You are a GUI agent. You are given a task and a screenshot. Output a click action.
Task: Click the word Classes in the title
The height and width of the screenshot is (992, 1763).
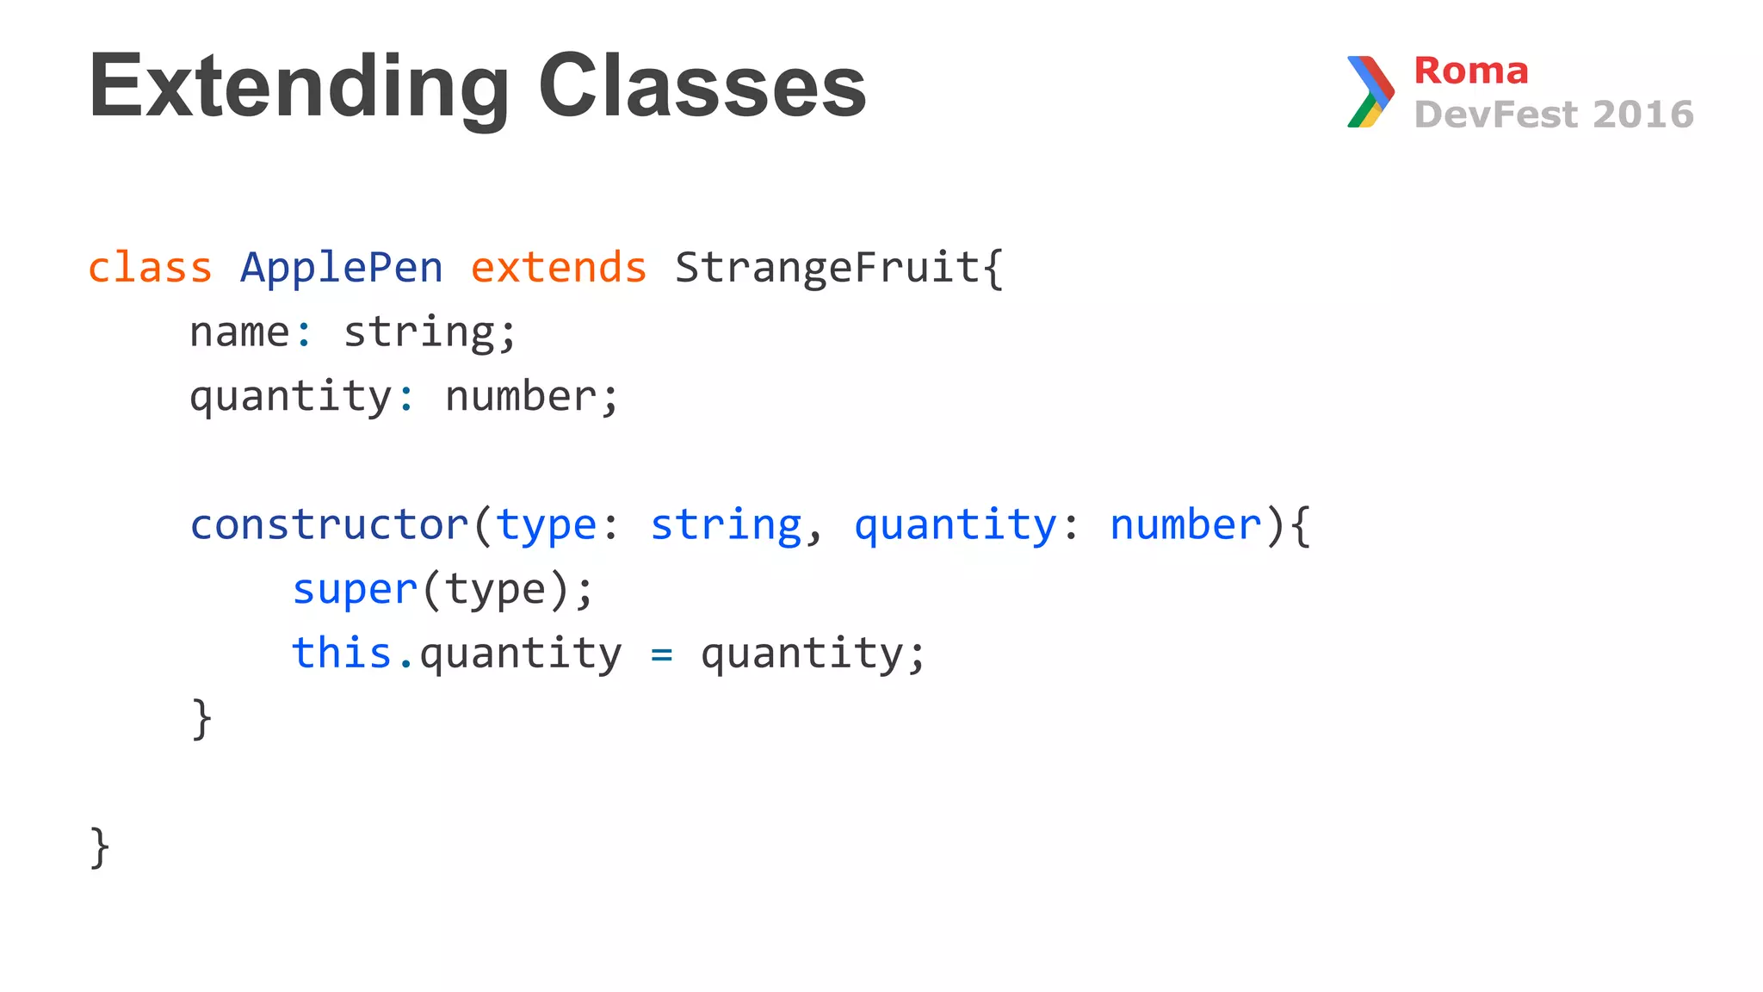pos(702,86)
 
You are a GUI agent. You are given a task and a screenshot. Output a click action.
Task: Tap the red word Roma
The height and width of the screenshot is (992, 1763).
pos(1470,71)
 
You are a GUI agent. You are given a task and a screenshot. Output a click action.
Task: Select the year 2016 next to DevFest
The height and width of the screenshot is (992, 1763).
pos(1642,115)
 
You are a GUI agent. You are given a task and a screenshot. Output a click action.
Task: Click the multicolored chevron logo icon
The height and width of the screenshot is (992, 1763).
pos(1370,91)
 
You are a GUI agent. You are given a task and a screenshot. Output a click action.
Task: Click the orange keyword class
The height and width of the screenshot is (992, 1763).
pos(150,268)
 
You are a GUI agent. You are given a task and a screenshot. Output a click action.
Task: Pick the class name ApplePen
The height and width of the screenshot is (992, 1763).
pos(342,268)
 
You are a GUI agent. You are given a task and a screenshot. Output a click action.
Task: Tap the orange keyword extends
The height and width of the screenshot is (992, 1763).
pos(559,268)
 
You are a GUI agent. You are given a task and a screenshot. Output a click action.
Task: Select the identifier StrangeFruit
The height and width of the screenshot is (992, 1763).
pos(827,268)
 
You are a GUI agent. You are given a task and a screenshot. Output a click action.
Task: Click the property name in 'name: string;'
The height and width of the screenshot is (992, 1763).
pos(239,332)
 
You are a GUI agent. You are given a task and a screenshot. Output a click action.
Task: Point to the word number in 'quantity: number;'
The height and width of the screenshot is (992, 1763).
pos(521,397)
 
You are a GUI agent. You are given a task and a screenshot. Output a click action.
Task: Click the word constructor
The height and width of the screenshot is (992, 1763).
pos(329,525)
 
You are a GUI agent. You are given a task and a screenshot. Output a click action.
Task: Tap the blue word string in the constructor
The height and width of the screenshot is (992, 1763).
pos(726,525)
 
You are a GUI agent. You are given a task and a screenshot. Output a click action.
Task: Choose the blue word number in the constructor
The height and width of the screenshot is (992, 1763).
pos(1185,525)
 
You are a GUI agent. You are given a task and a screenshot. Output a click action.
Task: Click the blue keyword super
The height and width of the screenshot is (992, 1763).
pos(355,591)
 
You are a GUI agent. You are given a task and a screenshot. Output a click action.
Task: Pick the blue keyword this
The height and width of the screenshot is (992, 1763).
pos(342,653)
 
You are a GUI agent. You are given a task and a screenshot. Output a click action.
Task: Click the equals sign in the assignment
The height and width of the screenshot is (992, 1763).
pos(661,655)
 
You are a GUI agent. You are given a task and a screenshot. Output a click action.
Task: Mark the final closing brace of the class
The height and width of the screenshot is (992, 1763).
pos(100,847)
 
